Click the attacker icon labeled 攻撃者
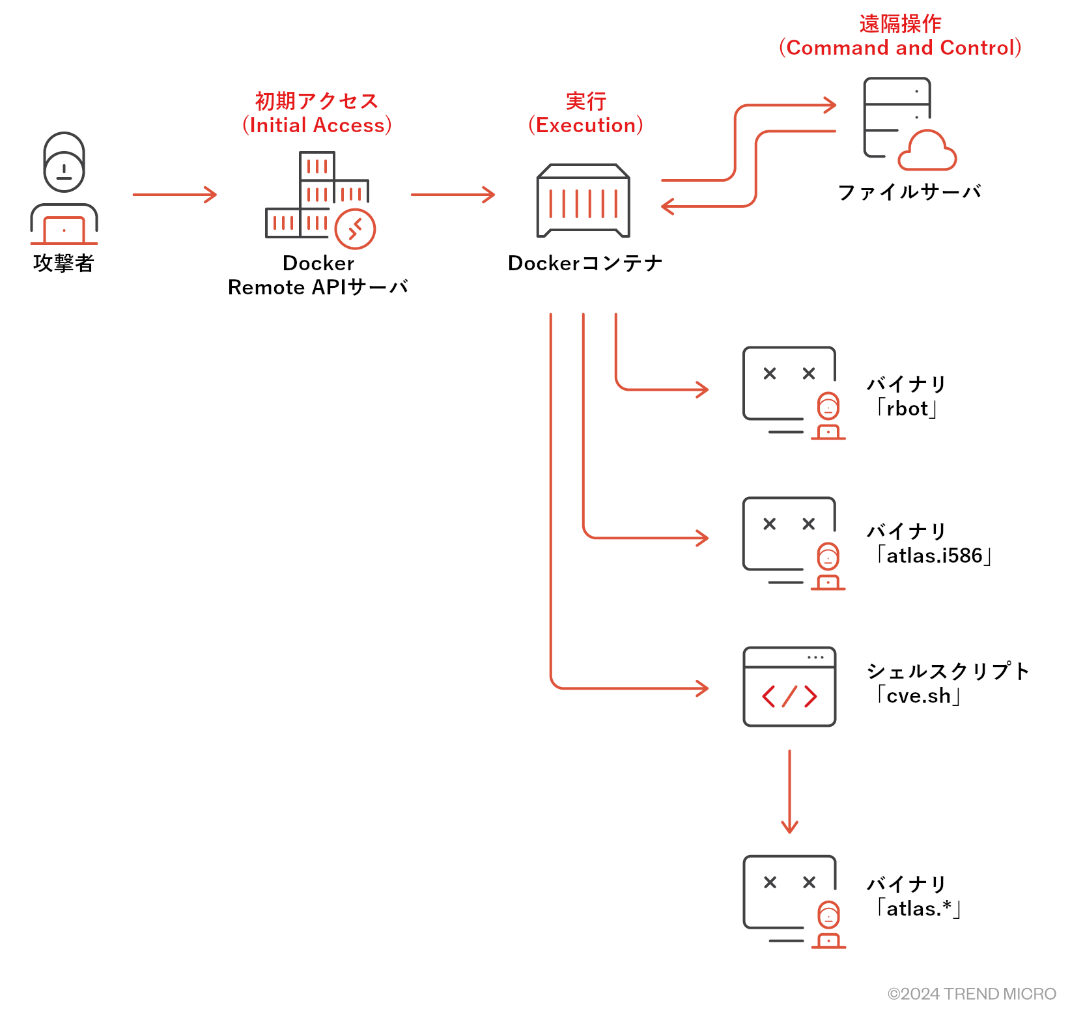tap(64, 189)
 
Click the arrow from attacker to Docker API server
tap(174, 194)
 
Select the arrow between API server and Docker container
tap(453, 194)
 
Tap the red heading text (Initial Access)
tap(317, 125)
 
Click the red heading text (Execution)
tap(585, 125)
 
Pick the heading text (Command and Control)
tap(900, 48)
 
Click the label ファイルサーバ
tap(909, 192)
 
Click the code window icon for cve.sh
tap(789, 686)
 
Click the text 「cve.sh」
tap(919, 696)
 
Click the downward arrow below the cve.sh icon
tap(789, 791)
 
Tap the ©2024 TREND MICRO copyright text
tap(971, 994)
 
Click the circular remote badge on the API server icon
tap(355, 229)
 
